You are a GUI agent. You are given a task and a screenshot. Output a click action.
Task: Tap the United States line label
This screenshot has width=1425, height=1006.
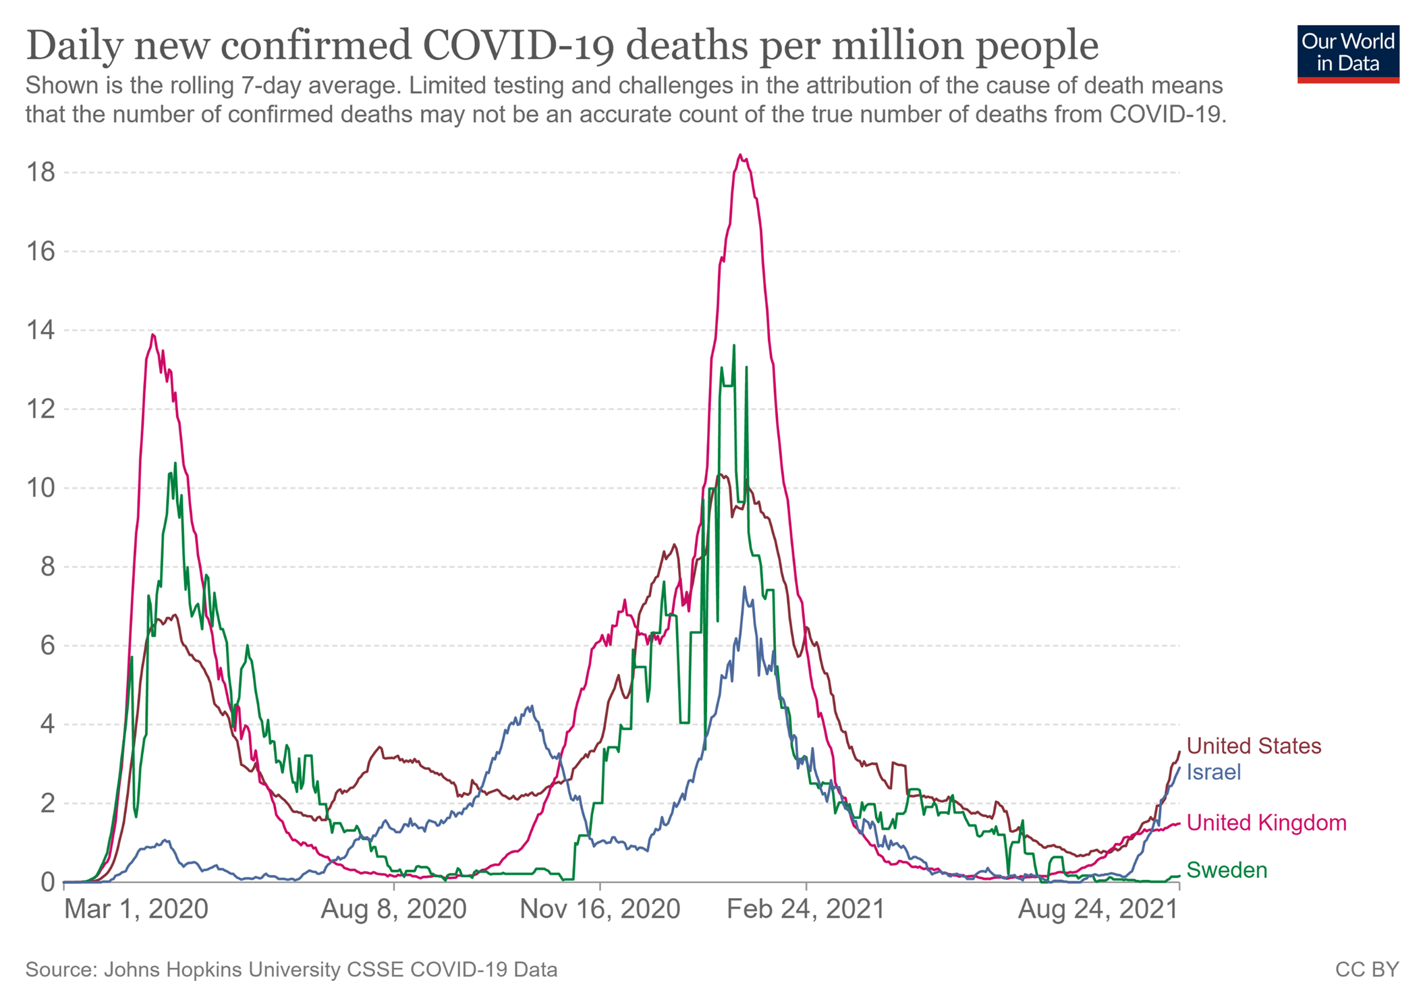1254,746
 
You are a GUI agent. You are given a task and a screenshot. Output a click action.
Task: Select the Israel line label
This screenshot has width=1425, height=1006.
1213,772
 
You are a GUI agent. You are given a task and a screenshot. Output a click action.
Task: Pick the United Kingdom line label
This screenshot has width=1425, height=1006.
1266,822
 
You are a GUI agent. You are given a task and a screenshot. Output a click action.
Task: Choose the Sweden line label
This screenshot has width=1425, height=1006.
1227,870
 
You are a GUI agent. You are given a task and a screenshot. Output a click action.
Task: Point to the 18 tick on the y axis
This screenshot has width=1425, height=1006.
40,173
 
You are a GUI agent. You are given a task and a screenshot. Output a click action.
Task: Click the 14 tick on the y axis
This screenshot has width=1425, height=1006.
40,331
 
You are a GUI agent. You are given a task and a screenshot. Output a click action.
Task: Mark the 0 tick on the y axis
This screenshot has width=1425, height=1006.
47,882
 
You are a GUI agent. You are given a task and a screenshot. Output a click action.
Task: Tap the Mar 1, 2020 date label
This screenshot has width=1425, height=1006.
136,910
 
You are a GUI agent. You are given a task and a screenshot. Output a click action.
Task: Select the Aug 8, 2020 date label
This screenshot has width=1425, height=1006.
393,910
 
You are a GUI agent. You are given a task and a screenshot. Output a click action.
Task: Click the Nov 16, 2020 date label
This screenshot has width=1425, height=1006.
600,910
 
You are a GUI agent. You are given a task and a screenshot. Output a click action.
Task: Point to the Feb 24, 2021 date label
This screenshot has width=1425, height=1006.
806,910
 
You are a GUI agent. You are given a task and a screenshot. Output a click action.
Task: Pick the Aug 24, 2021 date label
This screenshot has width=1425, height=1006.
1098,910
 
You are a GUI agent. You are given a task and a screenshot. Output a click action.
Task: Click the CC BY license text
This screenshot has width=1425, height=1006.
1367,970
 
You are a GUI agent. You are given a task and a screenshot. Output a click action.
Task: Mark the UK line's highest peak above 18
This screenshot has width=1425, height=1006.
740,155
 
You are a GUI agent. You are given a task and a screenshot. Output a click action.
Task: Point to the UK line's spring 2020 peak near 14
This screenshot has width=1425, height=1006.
153,335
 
